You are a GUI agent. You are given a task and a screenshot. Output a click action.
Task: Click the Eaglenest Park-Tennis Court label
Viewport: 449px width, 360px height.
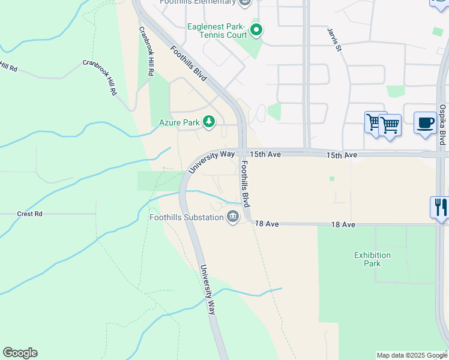[217, 31]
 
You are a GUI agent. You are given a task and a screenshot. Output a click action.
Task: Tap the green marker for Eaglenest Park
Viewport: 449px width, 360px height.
[256, 29]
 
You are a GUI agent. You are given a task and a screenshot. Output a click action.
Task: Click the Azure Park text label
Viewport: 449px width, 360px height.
[179, 122]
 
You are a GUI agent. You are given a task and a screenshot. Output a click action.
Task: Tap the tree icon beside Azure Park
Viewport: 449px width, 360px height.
[209, 122]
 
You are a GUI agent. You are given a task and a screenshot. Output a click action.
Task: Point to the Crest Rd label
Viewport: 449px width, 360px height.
[29, 214]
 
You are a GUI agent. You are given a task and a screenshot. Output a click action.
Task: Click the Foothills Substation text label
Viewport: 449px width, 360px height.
[187, 217]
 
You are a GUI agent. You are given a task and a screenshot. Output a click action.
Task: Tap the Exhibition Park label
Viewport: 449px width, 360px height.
[372, 259]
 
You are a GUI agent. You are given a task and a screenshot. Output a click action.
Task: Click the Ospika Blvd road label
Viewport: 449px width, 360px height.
[442, 125]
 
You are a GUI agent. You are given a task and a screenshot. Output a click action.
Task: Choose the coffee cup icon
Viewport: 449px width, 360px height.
[426, 123]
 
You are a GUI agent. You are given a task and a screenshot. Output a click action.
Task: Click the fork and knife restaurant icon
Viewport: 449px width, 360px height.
[440, 208]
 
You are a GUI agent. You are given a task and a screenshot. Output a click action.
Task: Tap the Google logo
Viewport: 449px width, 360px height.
[20, 353]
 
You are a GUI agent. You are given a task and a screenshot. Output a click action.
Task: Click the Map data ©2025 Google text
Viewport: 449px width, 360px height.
[412, 355]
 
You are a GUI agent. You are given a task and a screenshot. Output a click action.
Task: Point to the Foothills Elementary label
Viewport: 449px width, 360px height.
[197, 2]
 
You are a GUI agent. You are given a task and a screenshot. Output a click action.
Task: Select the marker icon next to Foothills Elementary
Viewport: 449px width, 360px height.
[244, 2]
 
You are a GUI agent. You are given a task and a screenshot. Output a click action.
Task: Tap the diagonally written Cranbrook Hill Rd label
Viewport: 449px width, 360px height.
[99, 77]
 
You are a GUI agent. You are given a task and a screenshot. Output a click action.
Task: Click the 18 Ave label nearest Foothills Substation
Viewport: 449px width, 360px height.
[267, 223]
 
